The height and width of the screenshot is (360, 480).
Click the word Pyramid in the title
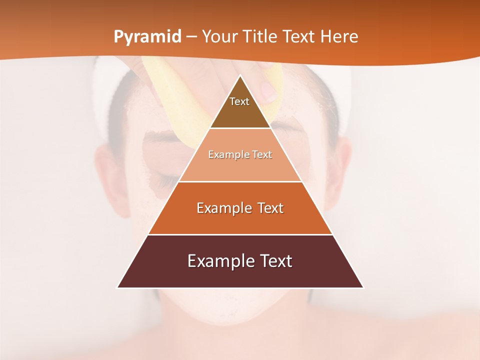click(x=147, y=37)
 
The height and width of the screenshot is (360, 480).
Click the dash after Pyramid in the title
click(x=191, y=37)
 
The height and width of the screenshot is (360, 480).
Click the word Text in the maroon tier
click(x=273, y=261)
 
